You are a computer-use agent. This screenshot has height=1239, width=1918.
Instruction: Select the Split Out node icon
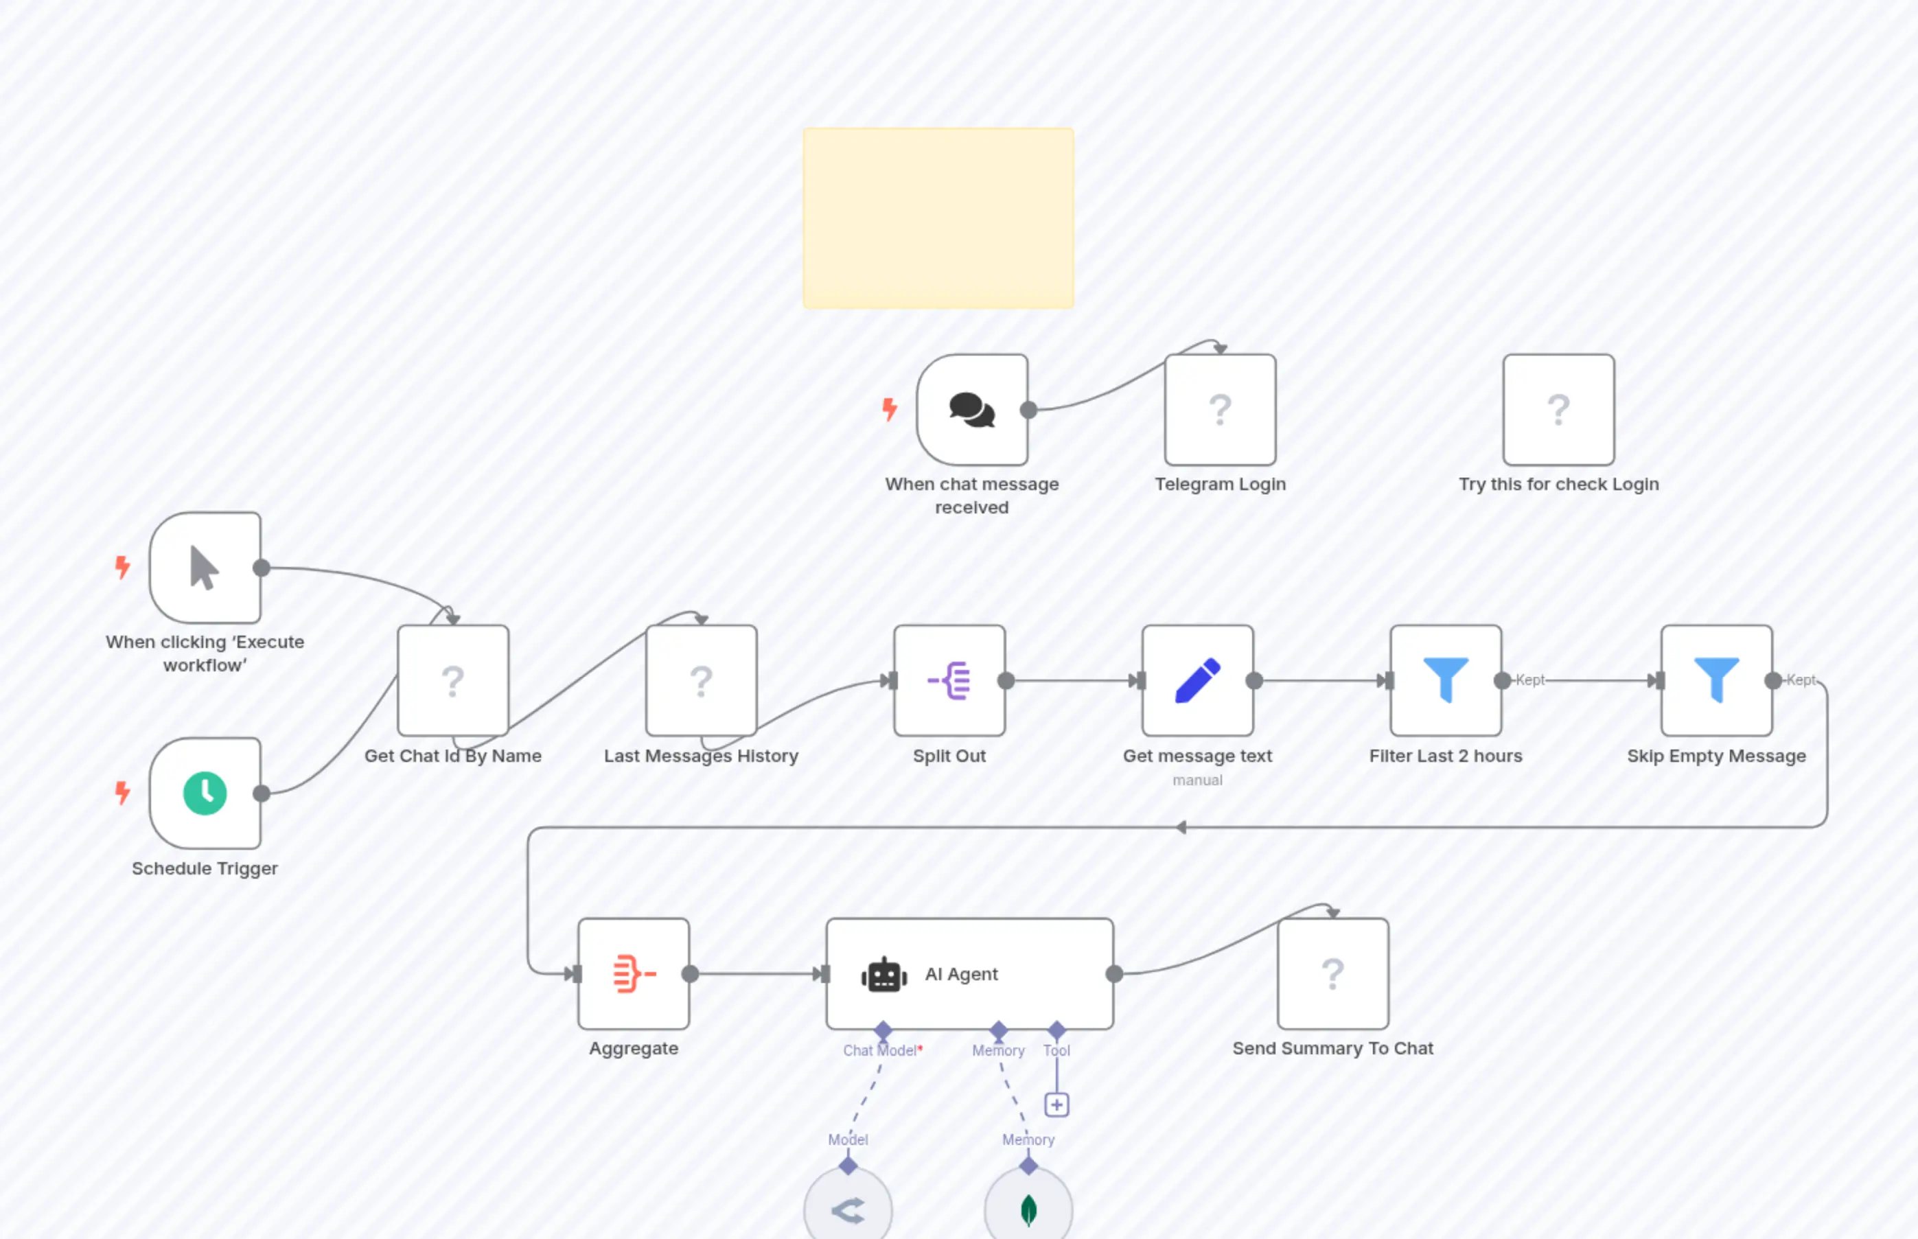point(949,681)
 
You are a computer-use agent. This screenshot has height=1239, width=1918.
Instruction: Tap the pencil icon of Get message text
point(1197,681)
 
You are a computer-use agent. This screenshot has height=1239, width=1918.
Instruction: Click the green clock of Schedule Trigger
point(205,794)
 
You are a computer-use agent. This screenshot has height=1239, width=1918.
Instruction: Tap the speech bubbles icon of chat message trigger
point(971,410)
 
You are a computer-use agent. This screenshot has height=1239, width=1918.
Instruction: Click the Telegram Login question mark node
point(1220,410)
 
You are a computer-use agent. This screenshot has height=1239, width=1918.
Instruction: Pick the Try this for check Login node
point(1558,410)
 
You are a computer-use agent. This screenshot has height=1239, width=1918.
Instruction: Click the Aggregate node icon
point(634,973)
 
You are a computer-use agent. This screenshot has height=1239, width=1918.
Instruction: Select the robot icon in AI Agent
point(883,974)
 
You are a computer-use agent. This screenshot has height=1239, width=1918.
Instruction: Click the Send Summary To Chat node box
point(1332,973)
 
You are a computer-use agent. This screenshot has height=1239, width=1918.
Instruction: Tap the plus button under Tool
point(1056,1104)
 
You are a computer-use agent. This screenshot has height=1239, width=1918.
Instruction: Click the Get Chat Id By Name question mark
point(453,681)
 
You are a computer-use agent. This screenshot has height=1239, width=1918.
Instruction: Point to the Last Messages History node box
point(701,681)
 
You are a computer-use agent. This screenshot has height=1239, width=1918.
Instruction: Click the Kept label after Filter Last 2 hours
point(1529,680)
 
